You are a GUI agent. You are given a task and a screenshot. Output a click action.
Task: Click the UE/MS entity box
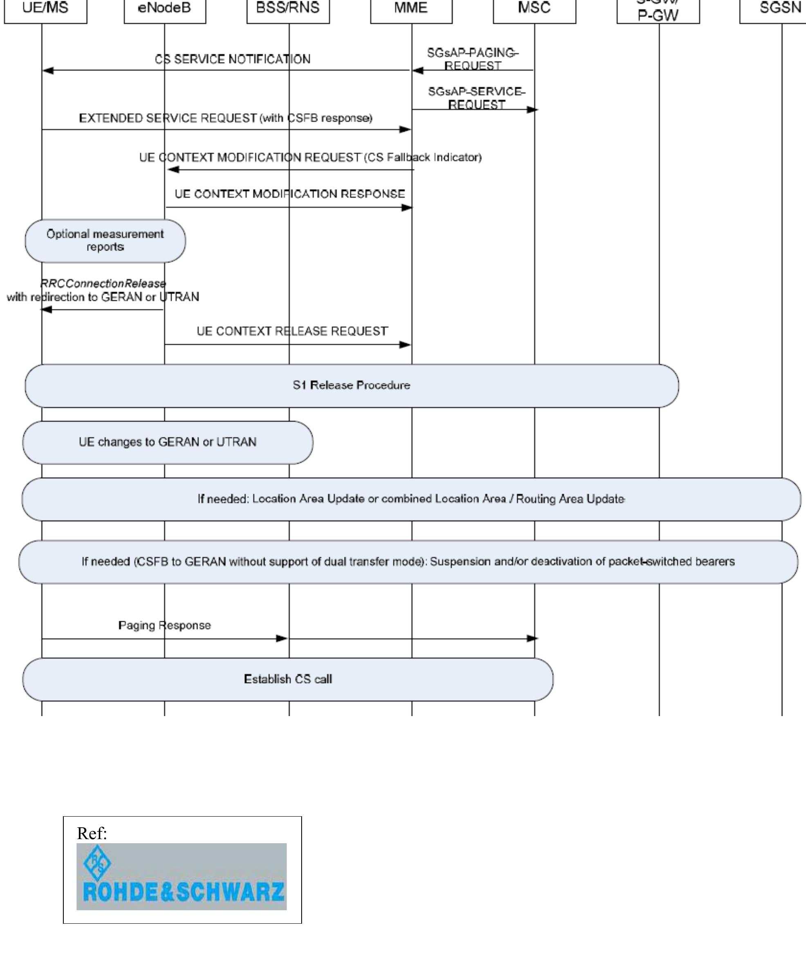(x=45, y=9)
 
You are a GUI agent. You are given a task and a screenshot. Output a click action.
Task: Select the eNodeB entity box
(x=165, y=9)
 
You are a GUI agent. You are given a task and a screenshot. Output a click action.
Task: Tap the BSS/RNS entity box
(x=288, y=9)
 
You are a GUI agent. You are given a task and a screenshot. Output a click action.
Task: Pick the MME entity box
(x=411, y=9)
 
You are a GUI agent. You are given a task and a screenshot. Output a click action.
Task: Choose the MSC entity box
(x=534, y=9)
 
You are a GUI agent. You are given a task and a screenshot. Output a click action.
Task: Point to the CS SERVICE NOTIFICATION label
(x=232, y=59)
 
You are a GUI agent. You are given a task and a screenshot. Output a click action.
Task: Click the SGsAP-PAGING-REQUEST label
(x=472, y=59)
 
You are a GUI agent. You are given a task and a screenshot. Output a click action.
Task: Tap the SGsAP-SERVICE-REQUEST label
(x=476, y=98)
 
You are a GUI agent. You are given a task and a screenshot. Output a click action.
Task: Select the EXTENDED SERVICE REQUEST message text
(x=225, y=118)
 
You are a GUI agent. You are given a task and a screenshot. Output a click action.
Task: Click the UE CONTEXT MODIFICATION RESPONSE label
(x=290, y=194)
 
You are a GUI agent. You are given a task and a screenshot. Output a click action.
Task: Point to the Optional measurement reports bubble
(x=105, y=241)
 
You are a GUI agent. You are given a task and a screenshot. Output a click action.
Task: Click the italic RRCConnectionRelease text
(x=103, y=283)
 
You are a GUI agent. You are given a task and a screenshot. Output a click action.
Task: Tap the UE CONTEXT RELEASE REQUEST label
(x=292, y=331)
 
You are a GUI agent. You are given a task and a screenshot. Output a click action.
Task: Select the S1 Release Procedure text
(x=351, y=385)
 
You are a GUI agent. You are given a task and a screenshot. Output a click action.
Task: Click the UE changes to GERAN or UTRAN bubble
(x=168, y=442)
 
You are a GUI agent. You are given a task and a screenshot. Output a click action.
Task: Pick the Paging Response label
(x=165, y=625)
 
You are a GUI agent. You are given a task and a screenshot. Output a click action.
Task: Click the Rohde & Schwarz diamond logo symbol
(x=97, y=863)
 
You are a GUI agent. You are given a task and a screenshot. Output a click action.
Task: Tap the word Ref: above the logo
(x=92, y=833)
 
